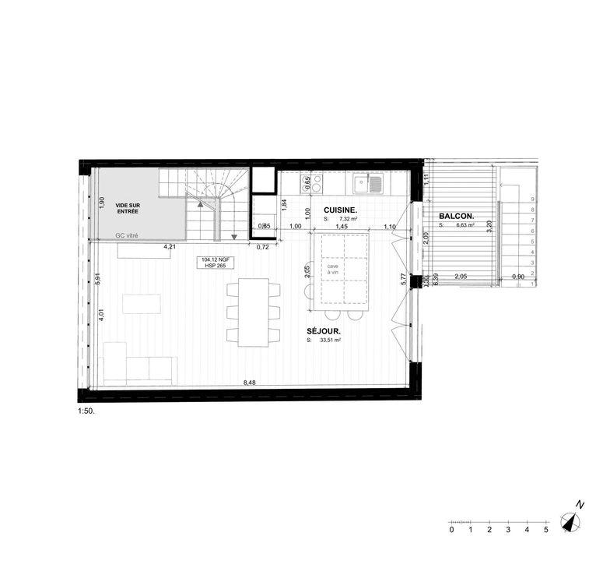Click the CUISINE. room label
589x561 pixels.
(341, 210)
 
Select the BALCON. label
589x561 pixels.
(457, 217)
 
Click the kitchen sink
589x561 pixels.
(362, 184)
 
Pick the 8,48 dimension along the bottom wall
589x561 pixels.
(249, 383)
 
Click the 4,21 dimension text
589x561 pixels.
(167, 247)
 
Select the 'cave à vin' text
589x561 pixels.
(333, 269)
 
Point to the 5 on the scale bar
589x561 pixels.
(546, 530)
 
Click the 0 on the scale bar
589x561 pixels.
(451, 530)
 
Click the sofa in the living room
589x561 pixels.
(140, 369)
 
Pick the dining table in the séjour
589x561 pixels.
(253, 312)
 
